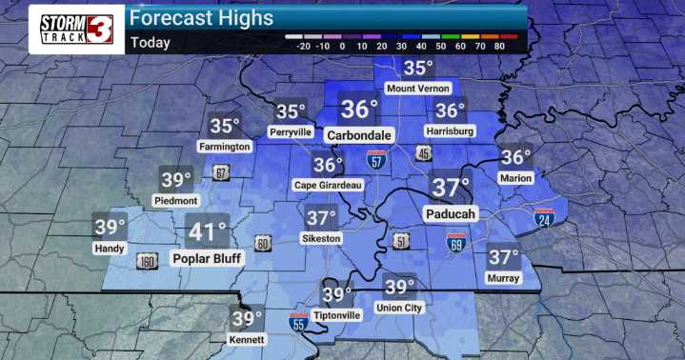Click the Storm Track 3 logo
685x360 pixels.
pos(77,29)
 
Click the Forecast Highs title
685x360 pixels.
pos(201,18)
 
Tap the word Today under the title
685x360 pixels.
pos(151,42)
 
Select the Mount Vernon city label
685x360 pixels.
pos(416,89)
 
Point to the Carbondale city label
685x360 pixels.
pos(359,135)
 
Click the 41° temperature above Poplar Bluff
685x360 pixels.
pos(207,232)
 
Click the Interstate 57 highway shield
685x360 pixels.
pos(377,160)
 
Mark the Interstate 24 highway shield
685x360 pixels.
pos(544,219)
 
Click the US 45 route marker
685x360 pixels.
pos(421,152)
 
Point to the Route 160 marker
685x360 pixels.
pos(147,262)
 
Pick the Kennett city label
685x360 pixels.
pos(247,340)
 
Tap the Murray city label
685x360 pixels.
pos(503,277)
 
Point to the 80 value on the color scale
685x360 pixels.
pos(507,45)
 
